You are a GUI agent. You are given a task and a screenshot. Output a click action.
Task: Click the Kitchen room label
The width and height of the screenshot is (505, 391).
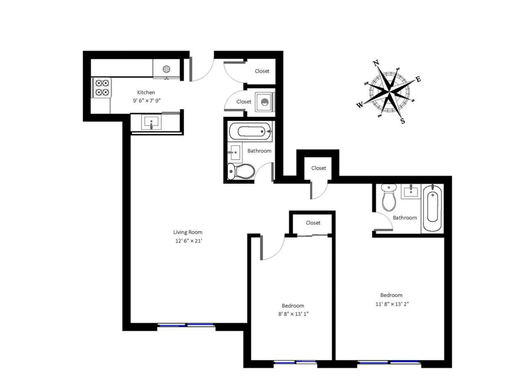pyautogui.click(x=146, y=93)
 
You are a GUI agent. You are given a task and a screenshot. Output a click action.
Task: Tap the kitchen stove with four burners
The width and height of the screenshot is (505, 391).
pyautogui.click(x=102, y=88)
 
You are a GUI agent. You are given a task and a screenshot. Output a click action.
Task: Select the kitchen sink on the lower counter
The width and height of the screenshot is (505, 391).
pyautogui.click(x=151, y=122)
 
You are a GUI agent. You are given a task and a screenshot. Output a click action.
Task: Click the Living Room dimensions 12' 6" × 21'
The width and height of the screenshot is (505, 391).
pyautogui.click(x=188, y=241)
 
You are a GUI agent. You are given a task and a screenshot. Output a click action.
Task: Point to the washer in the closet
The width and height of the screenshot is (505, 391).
pyautogui.click(x=264, y=102)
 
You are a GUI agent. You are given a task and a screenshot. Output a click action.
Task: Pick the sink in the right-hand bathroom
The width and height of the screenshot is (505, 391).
pyautogui.click(x=411, y=192)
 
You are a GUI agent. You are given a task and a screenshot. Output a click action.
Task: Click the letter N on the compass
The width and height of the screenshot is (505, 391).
pyautogui.click(x=376, y=63)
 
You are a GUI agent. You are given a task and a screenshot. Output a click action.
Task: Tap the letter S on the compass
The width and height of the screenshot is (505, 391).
pyautogui.click(x=403, y=121)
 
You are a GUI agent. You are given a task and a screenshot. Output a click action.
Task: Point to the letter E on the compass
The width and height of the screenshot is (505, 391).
pyautogui.click(x=419, y=79)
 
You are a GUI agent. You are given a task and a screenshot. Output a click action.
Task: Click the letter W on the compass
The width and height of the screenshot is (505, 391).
pyautogui.click(x=360, y=105)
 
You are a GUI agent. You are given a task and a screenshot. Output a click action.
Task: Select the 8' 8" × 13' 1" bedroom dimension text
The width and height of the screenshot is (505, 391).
pyautogui.click(x=293, y=314)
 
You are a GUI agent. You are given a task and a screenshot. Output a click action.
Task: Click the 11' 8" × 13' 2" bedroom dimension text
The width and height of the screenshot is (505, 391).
pyautogui.click(x=392, y=304)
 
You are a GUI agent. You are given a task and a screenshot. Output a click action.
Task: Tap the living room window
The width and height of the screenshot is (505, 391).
pyautogui.click(x=186, y=325)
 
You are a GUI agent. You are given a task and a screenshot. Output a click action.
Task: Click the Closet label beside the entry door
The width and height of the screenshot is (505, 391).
pyautogui.click(x=262, y=71)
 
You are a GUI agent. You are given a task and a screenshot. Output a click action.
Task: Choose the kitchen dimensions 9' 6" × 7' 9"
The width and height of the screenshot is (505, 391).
pyautogui.click(x=146, y=101)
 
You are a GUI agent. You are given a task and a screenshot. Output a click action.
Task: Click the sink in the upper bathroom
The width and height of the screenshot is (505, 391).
pyautogui.click(x=234, y=152)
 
